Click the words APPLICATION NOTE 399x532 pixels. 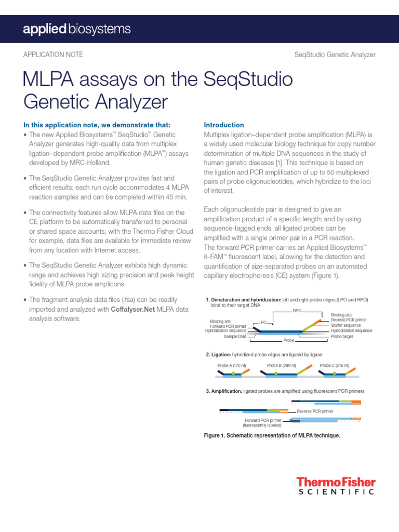pos(53,55)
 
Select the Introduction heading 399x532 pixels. pos(223,125)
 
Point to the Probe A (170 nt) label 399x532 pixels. pos(232,366)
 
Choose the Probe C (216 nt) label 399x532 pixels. pos(334,366)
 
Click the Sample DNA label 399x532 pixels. pos(235,336)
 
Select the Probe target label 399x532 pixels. pos(342,336)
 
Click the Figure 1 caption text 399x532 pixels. pos(273,435)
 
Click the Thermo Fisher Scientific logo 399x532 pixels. pos(336,486)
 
